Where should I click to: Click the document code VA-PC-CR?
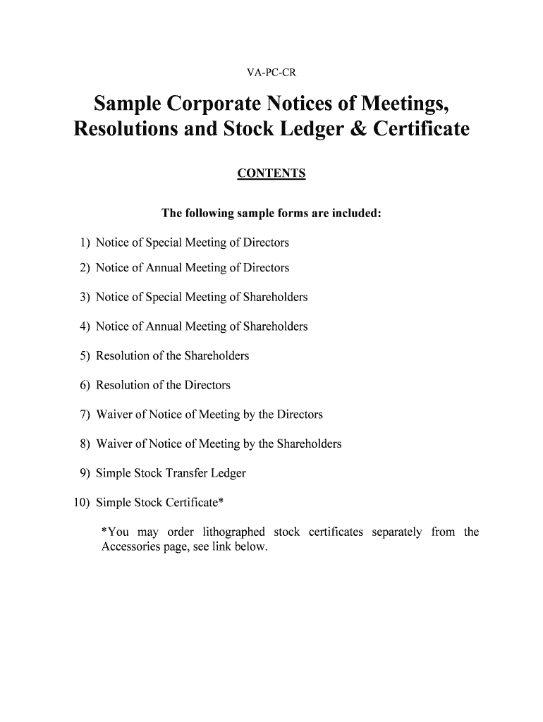click(x=271, y=73)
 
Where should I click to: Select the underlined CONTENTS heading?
click(x=271, y=173)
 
